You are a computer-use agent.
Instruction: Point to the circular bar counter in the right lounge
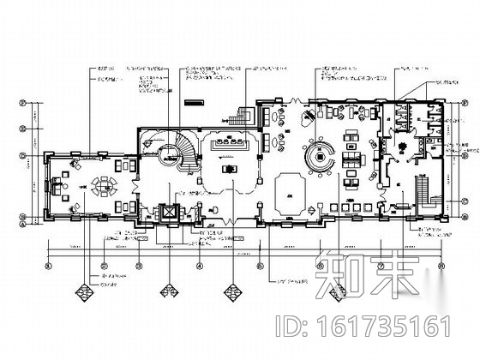(x=324, y=156)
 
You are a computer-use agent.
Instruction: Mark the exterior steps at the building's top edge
(x=247, y=112)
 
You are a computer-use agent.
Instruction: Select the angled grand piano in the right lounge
(x=304, y=121)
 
